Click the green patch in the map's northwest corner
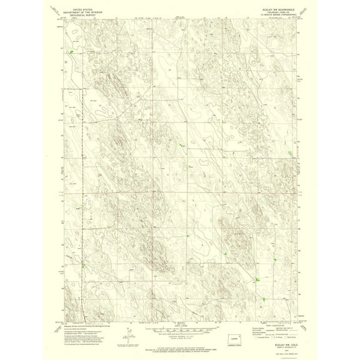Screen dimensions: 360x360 pos(71,52)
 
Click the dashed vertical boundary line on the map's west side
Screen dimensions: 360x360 pos(79,187)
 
